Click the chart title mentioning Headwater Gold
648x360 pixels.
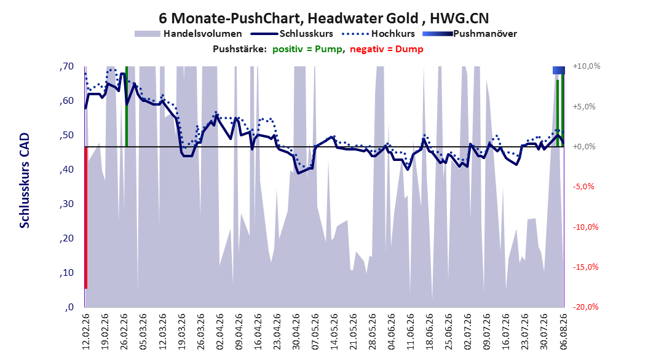coord(323,18)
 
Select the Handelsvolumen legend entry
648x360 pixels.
coord(189,34)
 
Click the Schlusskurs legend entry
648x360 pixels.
coord(292,34)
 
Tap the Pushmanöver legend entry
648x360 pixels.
coord(470,34)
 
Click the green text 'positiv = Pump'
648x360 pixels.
coord(307,49)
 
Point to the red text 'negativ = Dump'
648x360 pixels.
coord(387,49)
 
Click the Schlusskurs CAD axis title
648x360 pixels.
coord(25,181)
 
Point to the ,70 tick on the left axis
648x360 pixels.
coord(66,66)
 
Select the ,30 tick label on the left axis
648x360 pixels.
coord(66,204)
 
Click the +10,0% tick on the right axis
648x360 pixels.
coord(587,66)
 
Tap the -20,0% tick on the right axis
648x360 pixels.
coord(585,307)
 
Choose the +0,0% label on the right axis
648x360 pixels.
coord(584,147)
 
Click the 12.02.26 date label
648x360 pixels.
coord(86,332)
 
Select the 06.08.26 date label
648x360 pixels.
coord(563,332)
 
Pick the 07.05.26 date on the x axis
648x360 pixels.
coord(315,332)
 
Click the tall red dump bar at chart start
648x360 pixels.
coord(86,217)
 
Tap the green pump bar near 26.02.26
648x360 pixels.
coord(127,106)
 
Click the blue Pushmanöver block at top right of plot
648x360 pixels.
coord(559,71)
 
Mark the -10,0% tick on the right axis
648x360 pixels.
coord(585,227)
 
